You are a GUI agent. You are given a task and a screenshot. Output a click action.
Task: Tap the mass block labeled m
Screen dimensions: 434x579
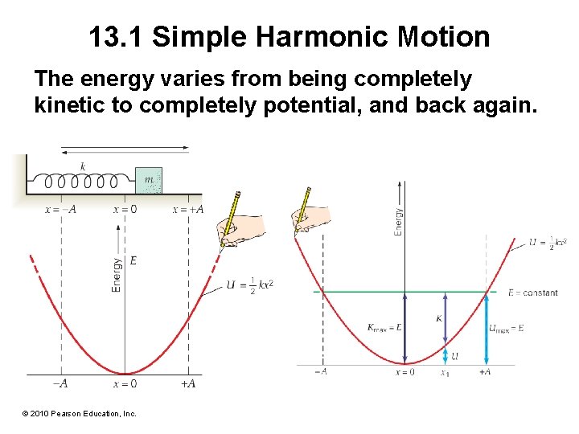pyautogui.click(x=149, y=181)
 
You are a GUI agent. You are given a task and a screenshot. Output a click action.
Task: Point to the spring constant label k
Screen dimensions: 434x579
pyautogui.click(x=83, y=166)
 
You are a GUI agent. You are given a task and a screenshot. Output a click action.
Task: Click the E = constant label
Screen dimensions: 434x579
pyautogui.click(x=532, y=293)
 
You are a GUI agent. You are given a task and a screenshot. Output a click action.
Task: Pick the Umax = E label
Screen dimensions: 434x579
pyautogui.click(x=507, y=328)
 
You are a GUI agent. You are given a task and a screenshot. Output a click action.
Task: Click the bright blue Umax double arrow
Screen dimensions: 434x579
pyautogui.click(x=486, y=329)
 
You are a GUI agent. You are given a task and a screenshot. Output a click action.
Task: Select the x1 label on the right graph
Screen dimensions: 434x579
pyautogui.click(x=445, y=372)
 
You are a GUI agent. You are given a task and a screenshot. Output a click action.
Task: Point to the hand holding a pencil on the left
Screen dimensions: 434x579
pyautogui.click(x=239, y=224)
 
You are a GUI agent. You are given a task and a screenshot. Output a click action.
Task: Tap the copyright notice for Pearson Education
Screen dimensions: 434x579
pyautogui.click(x=80, y=413)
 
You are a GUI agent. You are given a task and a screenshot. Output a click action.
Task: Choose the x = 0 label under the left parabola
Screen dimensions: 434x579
pyautogui.click(x=125, y=384)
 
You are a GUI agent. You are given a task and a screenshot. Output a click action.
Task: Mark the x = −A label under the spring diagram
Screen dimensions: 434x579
pyautogui.click(x=60, y=210)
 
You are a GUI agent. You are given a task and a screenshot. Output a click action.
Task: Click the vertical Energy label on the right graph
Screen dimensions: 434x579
pyautogui.click(x=398, y=223)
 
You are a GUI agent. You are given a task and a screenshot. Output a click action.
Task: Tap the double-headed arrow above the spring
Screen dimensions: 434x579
pyautogui.click(x=125, y=148)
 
